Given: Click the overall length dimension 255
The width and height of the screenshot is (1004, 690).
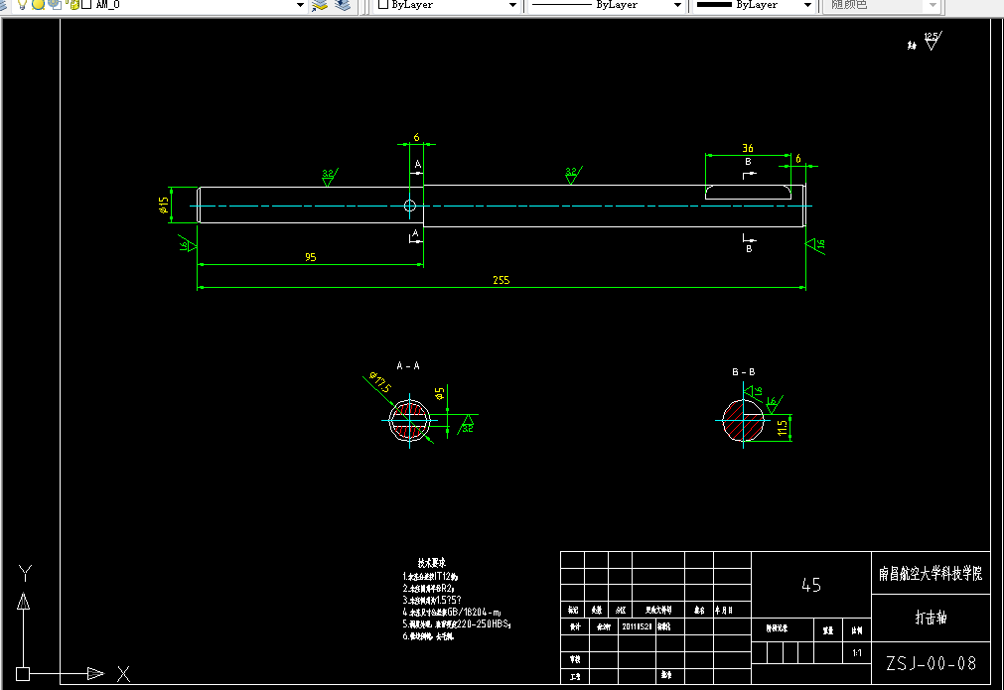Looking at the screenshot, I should pyautogui.click(x=501, y=280).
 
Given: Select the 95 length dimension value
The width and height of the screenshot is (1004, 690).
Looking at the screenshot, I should pyautogui.click(x=311, y=257).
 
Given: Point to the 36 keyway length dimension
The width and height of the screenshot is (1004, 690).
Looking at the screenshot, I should pyautogui.click(x=747, y=148).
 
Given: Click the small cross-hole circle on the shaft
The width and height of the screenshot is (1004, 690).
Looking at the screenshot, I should pyautogui.click(x=410, y=207).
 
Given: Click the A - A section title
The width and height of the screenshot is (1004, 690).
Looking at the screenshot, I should pyautogui.click(x=407, y=365).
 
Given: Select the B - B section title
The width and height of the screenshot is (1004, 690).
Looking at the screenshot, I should pyautogui.click(x=744, y=371).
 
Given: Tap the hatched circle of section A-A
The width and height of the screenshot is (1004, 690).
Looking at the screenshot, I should pyautogui.click(x=408, y=420).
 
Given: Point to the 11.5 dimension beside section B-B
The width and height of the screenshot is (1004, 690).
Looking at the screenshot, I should pyautogui.click(x=783, y=428).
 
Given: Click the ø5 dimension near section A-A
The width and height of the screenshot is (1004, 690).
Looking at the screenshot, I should pyautogui.click(x=439, y=395).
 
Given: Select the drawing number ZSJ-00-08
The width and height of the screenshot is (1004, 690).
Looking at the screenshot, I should pyautogui.click(x=931, y=663).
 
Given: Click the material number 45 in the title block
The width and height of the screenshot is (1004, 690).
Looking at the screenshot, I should pyautogui.click(x=811, y=585).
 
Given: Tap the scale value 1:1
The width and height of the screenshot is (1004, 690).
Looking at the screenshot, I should pyautogui.click(x=857, y=654).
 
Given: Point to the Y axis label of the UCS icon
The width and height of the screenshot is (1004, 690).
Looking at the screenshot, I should pyautogui.click(x=26, y=573).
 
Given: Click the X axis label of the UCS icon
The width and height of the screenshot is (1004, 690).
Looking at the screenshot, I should pyautogui.click(x=124, y=674).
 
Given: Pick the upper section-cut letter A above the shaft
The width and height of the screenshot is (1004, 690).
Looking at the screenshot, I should pyautogui.click(x=417, y=164).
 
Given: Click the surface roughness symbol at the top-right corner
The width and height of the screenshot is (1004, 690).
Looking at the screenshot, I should pyautogui.click(x=931, y=42).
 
